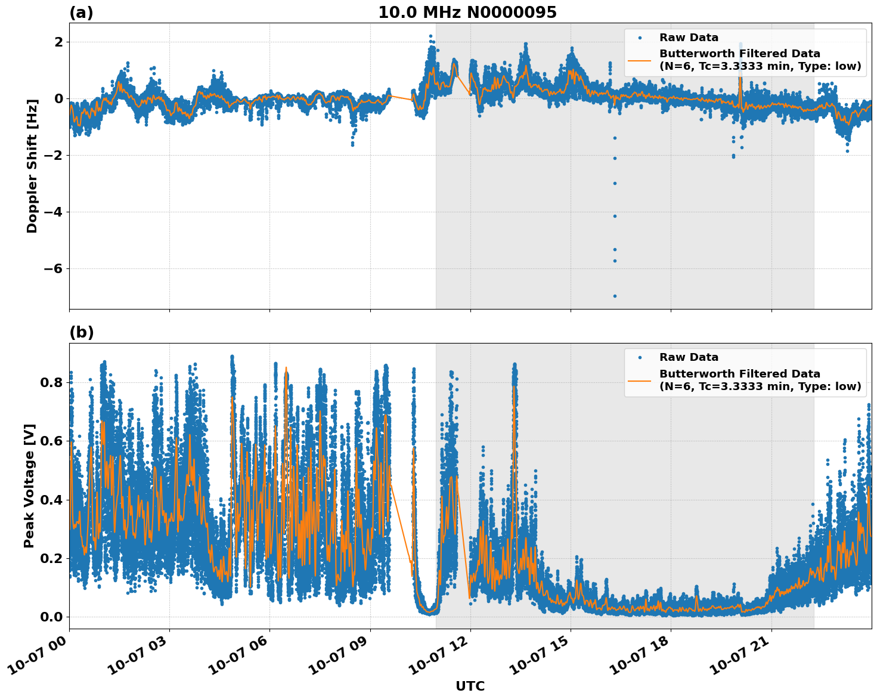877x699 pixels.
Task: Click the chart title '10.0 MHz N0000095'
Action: point(467,13)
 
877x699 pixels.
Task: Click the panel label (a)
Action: point(81,13)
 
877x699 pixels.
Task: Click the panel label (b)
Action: point(81,332)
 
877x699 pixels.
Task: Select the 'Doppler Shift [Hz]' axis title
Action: point(32,166)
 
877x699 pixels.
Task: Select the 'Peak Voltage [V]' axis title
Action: point(29,485)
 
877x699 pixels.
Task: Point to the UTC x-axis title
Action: point(470,686)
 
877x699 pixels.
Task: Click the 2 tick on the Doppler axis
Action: point(58,42)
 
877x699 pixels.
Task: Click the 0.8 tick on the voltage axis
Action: point(51,382)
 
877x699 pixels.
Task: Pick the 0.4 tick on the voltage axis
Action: point(51,500)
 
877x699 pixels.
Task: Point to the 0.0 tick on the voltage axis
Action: point(51,617)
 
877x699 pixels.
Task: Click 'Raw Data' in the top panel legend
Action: point(689,38)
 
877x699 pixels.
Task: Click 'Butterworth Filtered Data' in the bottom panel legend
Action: point(739,374)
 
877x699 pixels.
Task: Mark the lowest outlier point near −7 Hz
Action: point(615,296)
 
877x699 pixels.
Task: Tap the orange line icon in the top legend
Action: point(639,60)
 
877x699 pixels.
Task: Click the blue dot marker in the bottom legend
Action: point(639,357)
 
